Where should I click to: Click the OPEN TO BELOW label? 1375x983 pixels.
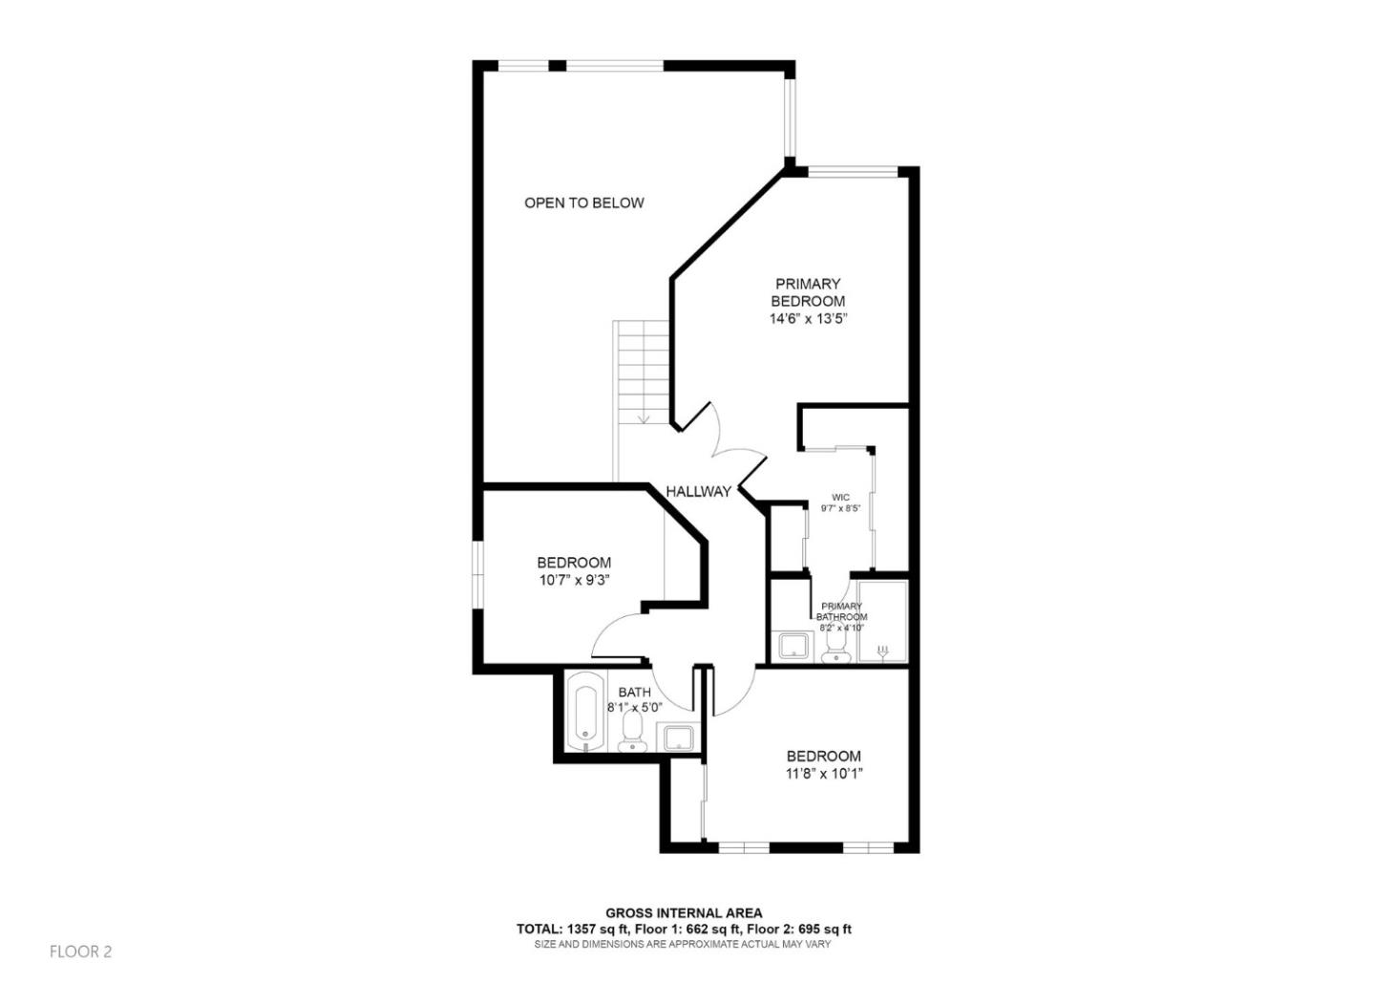(583, 203)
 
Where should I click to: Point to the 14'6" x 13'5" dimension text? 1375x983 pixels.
(808, 319)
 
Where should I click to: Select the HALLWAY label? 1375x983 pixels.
(699, 491)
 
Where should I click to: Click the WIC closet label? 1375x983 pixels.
(840, 498)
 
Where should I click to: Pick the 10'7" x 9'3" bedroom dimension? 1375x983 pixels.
(573, 580)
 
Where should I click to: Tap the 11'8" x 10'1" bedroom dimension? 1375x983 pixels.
(823, 774)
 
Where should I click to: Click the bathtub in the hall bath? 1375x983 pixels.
(583, 713)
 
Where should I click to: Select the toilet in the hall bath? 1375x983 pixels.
(631, 734)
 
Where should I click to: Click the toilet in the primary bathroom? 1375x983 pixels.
(836, 647)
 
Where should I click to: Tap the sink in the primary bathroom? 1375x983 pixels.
(793, 646)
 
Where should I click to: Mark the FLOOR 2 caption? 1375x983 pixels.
(81, 951)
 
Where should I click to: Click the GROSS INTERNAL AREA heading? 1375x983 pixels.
(684, 913)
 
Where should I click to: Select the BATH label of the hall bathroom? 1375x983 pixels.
(635, 693)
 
